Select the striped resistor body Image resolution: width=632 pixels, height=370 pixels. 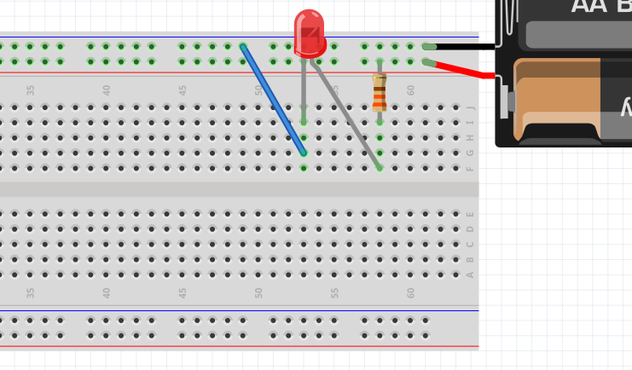(380, 92)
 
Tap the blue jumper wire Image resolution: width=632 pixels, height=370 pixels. (273, 100)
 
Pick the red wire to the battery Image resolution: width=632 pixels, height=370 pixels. (465, 69)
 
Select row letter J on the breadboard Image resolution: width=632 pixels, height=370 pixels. (470, 107)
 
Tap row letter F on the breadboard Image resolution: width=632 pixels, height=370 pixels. (470, 169)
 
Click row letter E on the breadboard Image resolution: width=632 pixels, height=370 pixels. (470, 214)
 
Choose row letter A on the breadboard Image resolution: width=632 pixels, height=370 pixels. (470, 275)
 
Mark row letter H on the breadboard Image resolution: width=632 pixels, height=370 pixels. (470, 138)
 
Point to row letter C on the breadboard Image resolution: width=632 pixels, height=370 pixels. (470, 245)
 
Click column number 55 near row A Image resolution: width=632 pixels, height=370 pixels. (334, 292)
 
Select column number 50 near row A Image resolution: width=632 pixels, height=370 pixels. (258, 292)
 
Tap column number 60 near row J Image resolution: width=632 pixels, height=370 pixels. (410, 90)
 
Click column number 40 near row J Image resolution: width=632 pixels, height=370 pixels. (107, 90)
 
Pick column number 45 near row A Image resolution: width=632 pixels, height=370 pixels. (183, 292)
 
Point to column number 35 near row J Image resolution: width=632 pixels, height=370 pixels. (31, 90)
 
